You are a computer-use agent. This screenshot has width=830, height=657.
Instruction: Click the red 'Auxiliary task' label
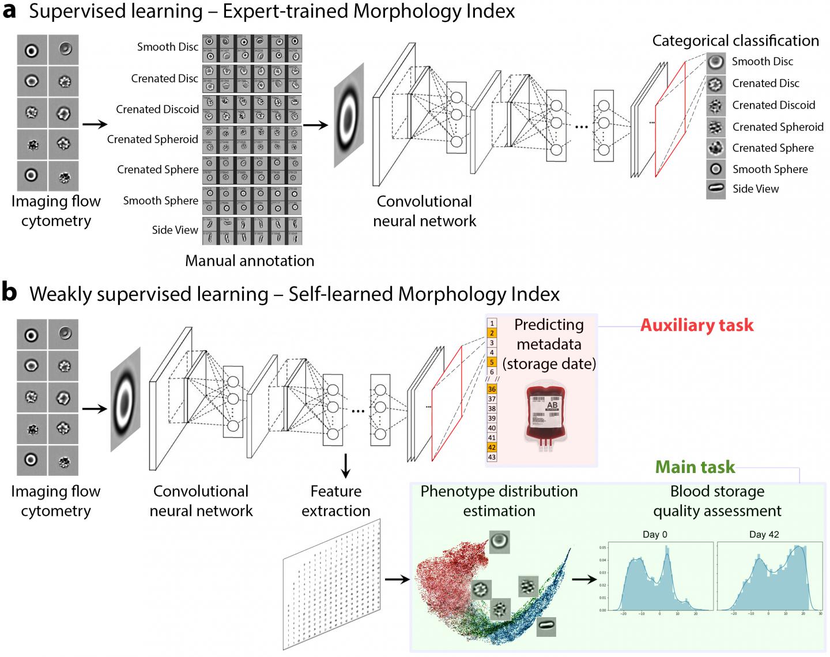696,325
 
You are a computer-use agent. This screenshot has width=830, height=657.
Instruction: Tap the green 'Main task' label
696,467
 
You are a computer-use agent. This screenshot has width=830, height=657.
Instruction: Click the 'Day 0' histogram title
655,534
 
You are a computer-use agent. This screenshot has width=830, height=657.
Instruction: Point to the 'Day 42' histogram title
764,534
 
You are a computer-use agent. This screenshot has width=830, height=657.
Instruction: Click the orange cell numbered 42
492,448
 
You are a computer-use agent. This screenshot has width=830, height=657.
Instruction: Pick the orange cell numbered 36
492,389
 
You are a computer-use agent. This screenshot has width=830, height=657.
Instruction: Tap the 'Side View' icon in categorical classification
716,189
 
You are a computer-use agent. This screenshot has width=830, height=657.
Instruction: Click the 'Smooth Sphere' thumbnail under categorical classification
716,169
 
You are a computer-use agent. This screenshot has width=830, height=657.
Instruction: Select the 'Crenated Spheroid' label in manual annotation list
153,139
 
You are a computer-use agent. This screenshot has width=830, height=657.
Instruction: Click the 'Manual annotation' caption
250,261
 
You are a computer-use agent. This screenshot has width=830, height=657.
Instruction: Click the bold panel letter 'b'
10,293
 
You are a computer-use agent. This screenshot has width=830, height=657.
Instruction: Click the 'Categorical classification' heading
735,40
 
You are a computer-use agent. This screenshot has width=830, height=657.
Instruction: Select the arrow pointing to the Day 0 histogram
584,579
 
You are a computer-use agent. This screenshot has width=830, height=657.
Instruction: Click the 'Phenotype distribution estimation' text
499,501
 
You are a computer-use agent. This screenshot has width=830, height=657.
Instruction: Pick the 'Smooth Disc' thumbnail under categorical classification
716,62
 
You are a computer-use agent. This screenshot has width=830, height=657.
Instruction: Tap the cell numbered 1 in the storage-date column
492,324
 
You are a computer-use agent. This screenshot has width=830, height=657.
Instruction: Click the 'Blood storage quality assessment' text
717,501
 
